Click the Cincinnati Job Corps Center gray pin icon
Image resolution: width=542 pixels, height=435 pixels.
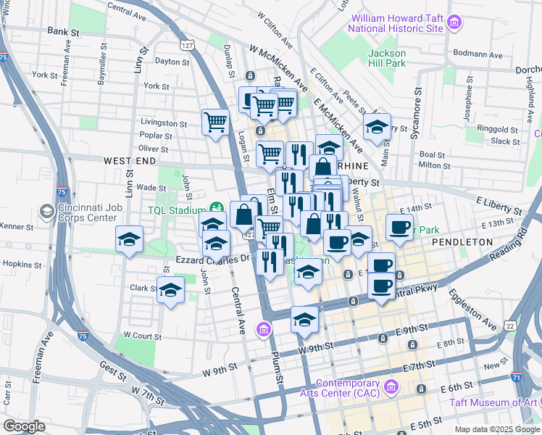click(x=47, y=211)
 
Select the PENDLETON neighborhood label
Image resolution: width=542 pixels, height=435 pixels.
click(x=462, y=241)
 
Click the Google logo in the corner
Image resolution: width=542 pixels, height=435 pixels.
click(x=24, y=426)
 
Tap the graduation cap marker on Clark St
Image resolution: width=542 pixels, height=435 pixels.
click(x=170, y=289)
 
